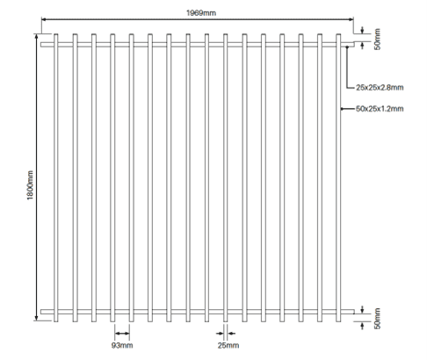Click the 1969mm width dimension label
201,13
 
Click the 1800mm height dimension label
30,185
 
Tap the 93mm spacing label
122,345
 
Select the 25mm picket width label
228,345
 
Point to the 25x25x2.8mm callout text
380,88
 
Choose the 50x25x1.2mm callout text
380,109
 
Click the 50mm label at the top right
378,40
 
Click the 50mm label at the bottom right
378,319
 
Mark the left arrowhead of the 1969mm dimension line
44,19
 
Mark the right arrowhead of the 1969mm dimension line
351,19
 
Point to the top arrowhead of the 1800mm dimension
37,36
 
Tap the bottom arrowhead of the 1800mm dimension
37,319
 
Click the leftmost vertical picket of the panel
56,178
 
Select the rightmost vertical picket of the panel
338,178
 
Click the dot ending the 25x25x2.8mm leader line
347,47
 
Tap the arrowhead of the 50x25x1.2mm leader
343,109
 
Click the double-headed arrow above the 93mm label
122,334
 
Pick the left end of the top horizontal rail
41,45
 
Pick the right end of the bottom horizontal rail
354,312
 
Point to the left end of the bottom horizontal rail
41,312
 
